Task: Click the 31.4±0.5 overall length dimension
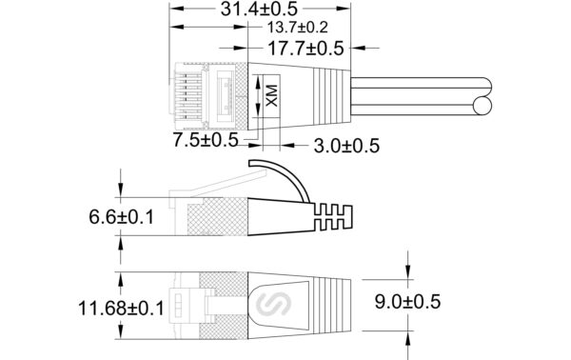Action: coord(259,9)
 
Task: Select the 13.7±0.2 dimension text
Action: coord(298,28)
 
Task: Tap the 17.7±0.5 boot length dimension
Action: coord(305,49)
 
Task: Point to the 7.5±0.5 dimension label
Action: coord(206,140)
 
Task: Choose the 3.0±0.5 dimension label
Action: coord(346,146)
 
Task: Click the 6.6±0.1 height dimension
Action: coord(121,217)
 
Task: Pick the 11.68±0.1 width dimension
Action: coord(121,309)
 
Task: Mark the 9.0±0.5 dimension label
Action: coord(407,302)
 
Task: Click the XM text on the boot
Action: coord(271,96)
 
